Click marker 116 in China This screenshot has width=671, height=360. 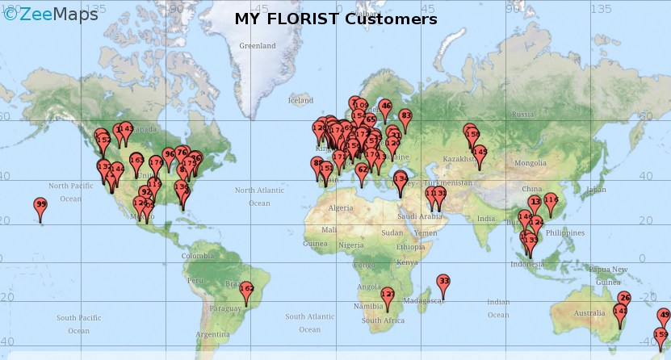coord(551,200)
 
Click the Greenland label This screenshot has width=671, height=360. coord(257,46)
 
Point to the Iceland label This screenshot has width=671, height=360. coord(300,101)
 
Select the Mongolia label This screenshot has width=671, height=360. coord(531,163)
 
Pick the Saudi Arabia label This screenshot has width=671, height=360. coord(419,216)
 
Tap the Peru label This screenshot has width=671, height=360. coord(195,280)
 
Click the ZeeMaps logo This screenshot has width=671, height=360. coord(50,14)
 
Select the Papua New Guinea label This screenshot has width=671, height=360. coord(608,275)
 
